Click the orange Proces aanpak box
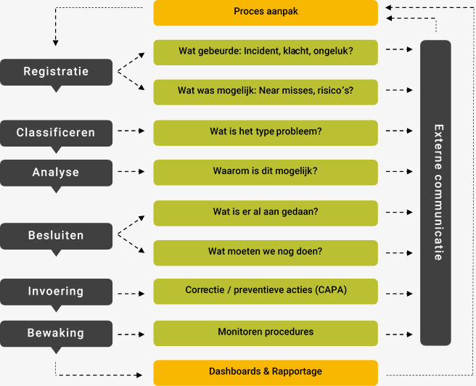tap(266, 12)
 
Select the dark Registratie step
tap(56, 72)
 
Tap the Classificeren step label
tap(56, 134)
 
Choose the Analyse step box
tap(56, 173)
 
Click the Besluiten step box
tap(56, 236)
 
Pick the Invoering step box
tap(56, 292)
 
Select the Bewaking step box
tap(56, 334)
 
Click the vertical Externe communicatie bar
tap(435, 192)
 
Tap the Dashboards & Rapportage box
tap(266, 372)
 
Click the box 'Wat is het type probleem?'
tap(266, 132)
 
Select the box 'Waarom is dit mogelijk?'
tap(266, 172)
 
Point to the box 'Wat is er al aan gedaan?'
tap(266, 213)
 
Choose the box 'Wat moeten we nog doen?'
tap(266, 252)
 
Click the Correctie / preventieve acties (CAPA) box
tap(266, 291)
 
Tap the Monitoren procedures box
tap(266, 332)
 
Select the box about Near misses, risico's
tap(266, 91)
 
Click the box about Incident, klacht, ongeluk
tap(266, 52)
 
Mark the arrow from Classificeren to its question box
tap(133, 132)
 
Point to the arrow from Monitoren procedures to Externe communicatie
tap(398, 334)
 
